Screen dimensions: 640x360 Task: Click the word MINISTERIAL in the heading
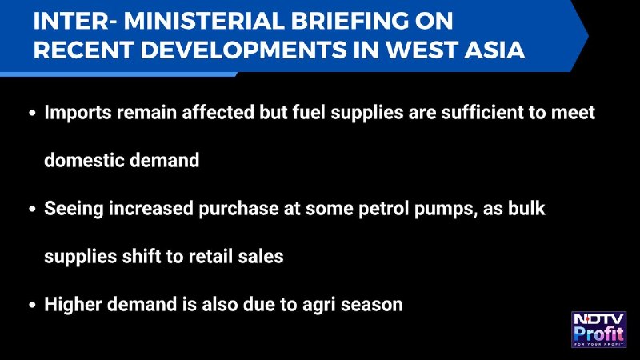[x=204, y=21]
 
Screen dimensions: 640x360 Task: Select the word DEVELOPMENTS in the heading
[x=243, y=50]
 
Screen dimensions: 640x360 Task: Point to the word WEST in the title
[x=422, y=50]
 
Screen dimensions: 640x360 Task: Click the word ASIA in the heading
[x=494, y=50]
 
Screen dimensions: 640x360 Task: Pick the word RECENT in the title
[x=84, y=50]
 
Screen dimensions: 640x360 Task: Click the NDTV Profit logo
[x=598, y=330]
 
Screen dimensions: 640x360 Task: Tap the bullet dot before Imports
[x=33, y=113]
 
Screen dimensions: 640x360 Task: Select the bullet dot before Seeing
[x=33, y=209]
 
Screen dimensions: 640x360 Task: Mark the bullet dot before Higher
[x=33, y=305]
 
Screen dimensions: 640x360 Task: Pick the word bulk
[x=526, y=208]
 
